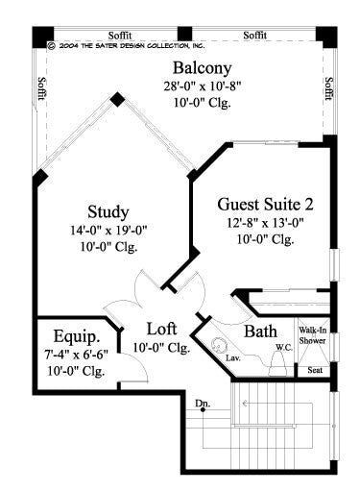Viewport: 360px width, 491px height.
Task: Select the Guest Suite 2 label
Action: [265, 204]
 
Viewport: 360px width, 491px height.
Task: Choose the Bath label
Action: [260, 331]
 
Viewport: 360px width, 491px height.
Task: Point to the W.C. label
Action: [283, 347]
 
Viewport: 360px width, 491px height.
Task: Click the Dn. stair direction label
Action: [202, 403]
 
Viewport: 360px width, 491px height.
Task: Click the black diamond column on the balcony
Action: [116, 98]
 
